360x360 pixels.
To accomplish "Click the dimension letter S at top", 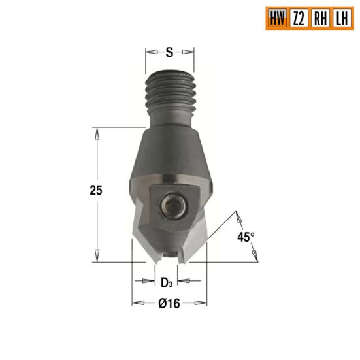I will click(170, 51).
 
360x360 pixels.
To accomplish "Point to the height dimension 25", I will click(96, 191).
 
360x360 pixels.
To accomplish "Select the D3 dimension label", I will click(167, 282).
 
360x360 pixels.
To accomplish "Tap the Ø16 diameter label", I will click(169, 303).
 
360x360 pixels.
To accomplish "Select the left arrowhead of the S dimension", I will click(149, 51).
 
